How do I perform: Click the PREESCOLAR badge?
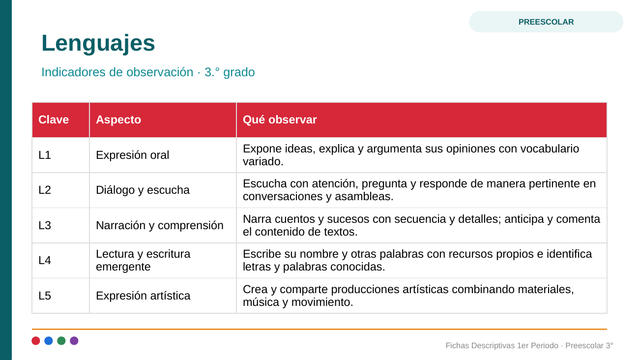[546, 22]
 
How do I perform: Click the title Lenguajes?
[98, 43]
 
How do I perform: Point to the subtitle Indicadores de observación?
[117, 72]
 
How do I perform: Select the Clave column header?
[61, 120]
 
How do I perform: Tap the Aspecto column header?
[163, 120]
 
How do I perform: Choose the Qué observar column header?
[422, 120]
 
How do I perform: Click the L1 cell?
[61, 155]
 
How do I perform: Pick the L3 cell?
[61, 225]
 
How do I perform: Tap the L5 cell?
[61, 296]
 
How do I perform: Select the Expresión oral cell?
[163, 155]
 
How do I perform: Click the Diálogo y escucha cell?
[163, 190]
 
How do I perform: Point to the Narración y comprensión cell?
[163, 225]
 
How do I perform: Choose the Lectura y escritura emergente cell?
[163, 260]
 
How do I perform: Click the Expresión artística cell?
[163, 296]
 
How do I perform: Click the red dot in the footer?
[36, 341]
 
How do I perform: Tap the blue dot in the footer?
[49, 341]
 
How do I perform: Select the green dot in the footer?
[61, 341]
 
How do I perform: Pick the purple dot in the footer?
[74, 341]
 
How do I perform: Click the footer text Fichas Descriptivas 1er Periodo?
[502, 346]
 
